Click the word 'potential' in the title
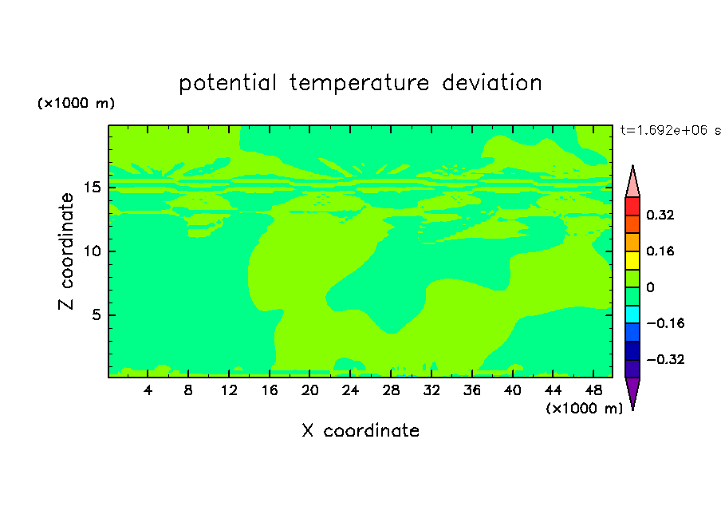227,83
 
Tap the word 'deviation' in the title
492,82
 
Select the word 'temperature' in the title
359,83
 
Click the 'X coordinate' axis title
360,430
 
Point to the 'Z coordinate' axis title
66,251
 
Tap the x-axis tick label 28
391,390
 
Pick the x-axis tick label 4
148,390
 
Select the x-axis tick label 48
593,390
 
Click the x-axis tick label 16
270,390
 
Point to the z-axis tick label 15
93,188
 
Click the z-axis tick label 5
96,314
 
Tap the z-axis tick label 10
93,251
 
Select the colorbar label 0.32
660,215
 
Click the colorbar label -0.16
665,323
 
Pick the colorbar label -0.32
665,359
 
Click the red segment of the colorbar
632,206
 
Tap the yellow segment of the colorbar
632,260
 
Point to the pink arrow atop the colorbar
632,184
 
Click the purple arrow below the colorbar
632,391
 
